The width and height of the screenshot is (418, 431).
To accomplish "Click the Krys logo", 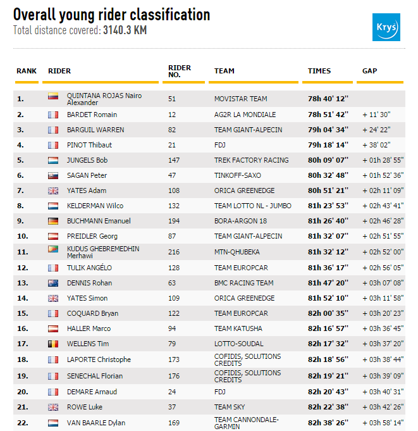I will tap(386, 28).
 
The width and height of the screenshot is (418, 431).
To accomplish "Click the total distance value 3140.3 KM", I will tap(125, 30).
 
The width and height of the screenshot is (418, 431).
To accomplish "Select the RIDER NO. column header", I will tap(180, 71).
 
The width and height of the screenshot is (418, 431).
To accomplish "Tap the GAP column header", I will tap(370, 71).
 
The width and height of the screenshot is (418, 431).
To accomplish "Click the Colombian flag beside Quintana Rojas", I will tap(53, 97).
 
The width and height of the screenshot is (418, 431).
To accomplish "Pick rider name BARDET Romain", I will tap(92, 115).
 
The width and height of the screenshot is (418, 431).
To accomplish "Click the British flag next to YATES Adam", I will tap(53, 191).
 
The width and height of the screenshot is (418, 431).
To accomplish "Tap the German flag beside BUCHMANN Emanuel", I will tap(53, 221).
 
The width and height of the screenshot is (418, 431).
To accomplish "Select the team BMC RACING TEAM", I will tap(244, 283).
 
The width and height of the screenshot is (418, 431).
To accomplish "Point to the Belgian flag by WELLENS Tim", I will tap(53, 344).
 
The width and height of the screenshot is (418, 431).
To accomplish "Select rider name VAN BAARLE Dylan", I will tap(96, 423).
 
